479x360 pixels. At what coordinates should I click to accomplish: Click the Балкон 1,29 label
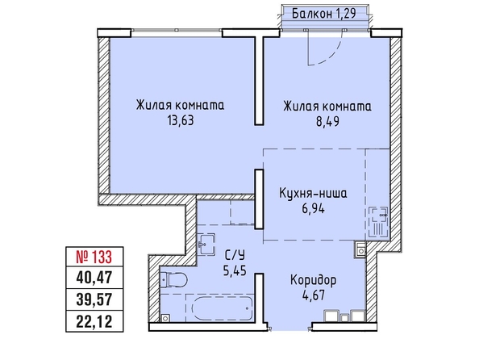click(x=324, y=14)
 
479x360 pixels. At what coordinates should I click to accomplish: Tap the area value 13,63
click(x=181, y=120)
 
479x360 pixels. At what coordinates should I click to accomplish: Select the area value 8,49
click(x=327, y=122)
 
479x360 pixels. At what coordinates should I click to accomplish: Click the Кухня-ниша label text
click(x=313, y=193)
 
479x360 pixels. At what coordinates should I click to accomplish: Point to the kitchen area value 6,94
click(x=314, y=209)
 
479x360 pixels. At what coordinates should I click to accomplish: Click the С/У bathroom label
click(x=235, y=255)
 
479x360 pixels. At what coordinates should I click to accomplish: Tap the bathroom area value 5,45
click(x=235, y=270)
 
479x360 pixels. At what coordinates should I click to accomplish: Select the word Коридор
click(x=313, y=280)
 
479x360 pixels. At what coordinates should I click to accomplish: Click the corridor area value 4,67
click(x=313, y=295)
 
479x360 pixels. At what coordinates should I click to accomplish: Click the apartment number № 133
click(x=94, y=257)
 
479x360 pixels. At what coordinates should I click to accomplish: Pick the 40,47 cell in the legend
click(x=94, y=278)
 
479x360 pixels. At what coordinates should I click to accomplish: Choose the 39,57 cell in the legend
click(x=94, y=299)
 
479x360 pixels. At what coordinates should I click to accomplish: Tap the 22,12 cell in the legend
click(x=94, y=321)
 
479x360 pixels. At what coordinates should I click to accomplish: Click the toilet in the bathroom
click(x=173, y=279)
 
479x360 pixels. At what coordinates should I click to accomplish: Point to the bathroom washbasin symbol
click(x=206, y=244)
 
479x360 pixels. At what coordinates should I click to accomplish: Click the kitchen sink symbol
click(x=378, y=222)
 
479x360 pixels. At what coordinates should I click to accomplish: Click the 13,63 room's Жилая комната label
click(x=181, y=105)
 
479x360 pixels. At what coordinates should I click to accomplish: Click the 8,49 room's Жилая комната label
click(x=327, y=107)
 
